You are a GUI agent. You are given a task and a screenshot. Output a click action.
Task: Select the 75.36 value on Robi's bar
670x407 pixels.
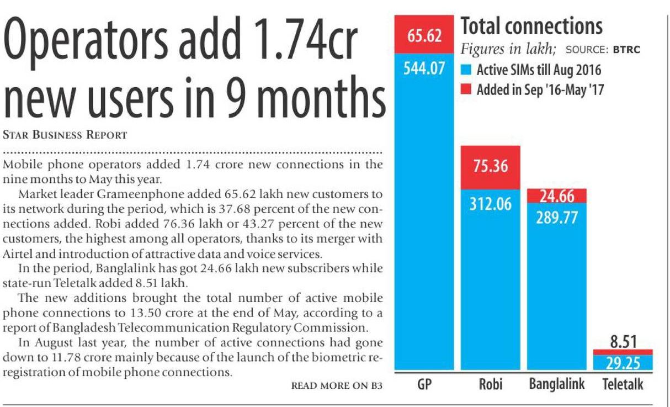coord(489,166)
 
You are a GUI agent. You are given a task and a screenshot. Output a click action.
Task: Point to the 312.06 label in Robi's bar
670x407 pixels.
coord(489,204)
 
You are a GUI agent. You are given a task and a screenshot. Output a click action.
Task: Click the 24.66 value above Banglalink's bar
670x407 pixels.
coord(556,195)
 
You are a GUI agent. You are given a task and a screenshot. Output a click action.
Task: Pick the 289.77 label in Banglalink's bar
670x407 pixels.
coord(556,217)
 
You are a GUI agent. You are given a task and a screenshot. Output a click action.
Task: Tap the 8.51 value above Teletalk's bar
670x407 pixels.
coord(623,342)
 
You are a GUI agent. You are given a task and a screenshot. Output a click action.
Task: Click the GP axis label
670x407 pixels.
coord(424,384)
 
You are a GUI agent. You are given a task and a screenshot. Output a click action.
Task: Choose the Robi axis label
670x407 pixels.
coord(489,384)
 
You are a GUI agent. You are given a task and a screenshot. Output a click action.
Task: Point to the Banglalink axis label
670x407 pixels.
coord(556,384)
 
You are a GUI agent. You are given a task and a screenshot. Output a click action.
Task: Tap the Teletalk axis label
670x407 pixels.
coord(623,384)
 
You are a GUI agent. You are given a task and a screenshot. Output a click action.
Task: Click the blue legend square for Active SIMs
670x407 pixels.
coord(466,71)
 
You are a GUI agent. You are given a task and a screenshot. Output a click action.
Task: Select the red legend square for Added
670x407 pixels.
coord(466,90)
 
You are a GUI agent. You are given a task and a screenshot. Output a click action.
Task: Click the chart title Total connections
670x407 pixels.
coord(531,27)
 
